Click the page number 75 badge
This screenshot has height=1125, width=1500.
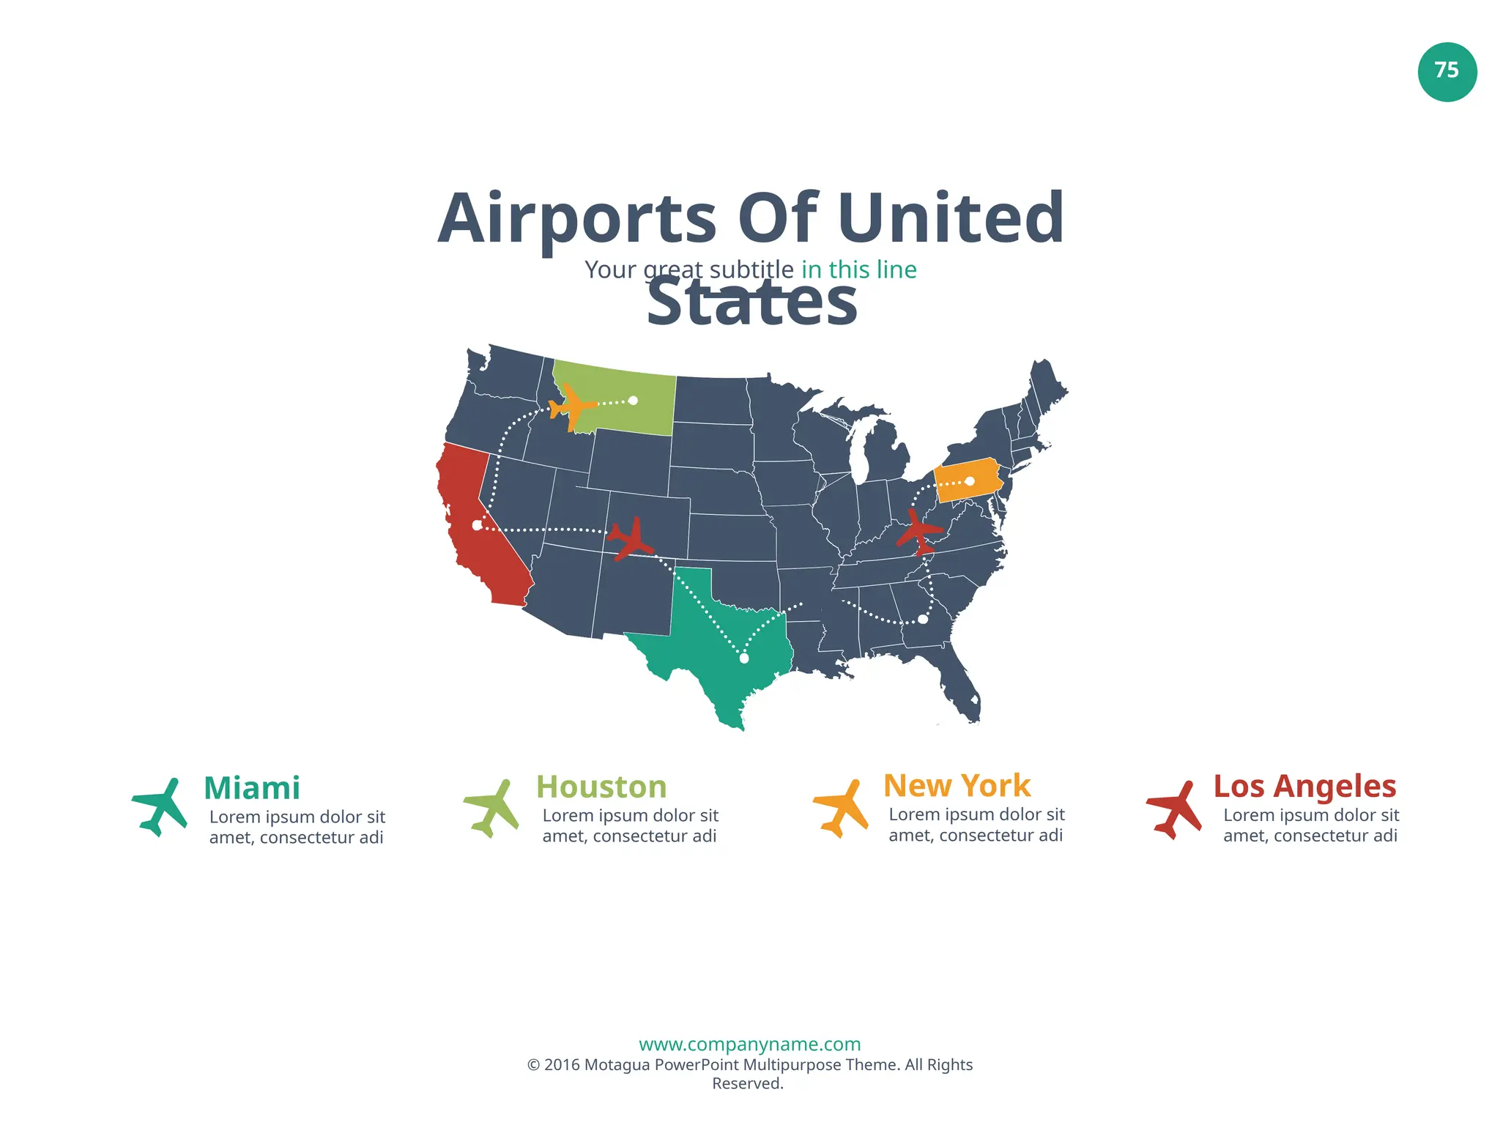[x=1447, y=71]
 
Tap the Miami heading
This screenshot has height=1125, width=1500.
[x=252, y=788]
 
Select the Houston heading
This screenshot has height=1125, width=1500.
[x=601, y=787]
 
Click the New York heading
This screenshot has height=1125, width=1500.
[x=957, y=785]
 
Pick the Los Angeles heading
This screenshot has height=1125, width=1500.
[x=1304, y=786]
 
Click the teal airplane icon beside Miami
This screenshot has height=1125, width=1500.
[x=160, y=807]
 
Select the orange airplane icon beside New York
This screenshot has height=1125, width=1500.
[x=842, y=809]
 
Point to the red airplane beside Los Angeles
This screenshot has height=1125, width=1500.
[x=1174, y=809]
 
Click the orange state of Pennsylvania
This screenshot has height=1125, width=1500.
[x=967, y=480]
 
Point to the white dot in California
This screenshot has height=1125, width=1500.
[x=477, y=525]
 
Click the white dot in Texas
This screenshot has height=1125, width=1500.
[x=744, y=658]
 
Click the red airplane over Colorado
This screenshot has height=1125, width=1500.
[x=629, y=538]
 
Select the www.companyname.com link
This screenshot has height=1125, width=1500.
[x=749, y=1044]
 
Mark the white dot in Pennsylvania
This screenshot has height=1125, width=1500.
[x=970, y=481]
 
